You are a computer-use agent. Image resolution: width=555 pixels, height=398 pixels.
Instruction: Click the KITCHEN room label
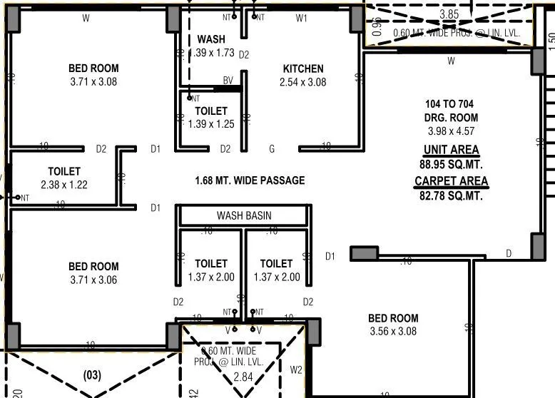303,69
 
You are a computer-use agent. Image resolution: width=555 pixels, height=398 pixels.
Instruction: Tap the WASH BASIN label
244,215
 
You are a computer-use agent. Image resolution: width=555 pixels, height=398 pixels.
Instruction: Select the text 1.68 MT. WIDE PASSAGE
250,180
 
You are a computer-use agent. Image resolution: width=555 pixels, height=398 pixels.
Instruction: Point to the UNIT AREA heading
451,150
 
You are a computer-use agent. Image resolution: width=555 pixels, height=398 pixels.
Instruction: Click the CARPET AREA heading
451,181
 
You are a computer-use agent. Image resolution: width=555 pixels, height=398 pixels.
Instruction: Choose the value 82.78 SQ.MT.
451,195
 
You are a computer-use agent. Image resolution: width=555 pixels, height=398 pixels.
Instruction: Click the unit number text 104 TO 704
451,104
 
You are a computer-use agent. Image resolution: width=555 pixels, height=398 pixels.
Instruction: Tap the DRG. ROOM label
451,118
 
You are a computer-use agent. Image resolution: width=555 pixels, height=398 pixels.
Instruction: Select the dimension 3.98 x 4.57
451,131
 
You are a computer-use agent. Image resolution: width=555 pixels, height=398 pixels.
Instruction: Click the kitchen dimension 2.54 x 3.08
303,83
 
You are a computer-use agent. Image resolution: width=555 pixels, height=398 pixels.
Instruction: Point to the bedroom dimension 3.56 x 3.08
393,332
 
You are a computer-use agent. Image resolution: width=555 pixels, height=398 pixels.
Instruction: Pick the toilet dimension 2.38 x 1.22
64,185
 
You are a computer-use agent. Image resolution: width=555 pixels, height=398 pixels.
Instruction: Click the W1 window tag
302,17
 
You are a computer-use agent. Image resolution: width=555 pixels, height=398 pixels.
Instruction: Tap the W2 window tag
296,369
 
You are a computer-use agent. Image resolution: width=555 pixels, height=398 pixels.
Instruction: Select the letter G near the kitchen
272,149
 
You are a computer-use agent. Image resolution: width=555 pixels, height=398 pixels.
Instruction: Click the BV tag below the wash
228,81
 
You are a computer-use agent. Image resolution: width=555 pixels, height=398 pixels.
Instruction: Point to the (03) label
93,374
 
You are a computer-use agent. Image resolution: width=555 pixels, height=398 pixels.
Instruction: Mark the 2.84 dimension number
244,376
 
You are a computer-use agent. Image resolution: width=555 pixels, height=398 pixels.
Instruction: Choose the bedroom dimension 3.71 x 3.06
93,280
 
